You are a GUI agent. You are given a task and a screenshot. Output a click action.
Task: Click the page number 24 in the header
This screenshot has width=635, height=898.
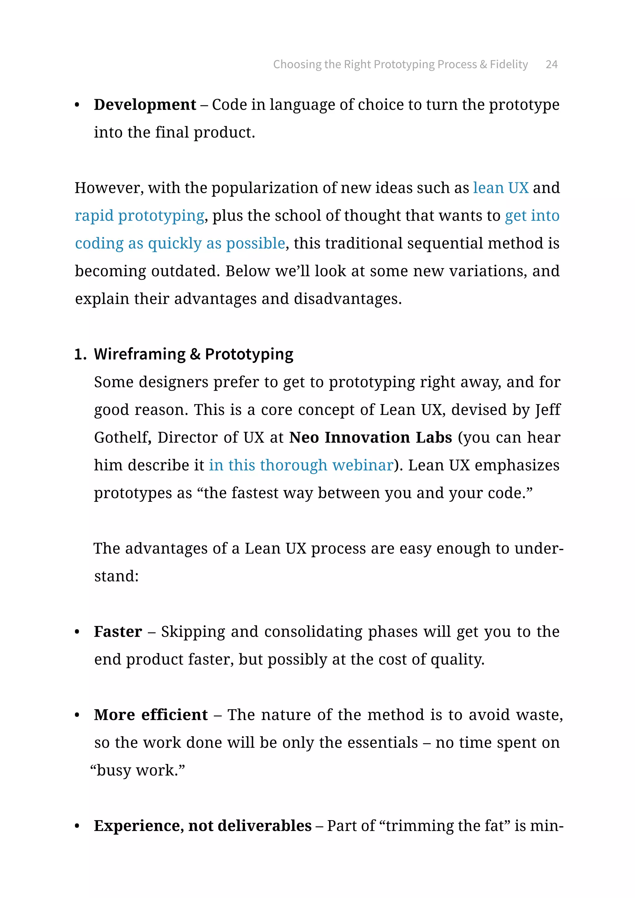(551, 64)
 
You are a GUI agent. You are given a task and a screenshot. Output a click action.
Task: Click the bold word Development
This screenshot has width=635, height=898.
(145, 105)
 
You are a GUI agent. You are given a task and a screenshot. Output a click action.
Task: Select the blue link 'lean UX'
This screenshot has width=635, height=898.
(500, 188)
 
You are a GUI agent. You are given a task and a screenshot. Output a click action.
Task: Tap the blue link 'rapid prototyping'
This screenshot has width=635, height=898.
(140, 216)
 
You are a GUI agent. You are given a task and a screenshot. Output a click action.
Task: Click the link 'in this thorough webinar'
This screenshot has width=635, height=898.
(301, 465)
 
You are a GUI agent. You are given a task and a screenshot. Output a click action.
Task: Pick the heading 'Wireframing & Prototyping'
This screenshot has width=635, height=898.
(193, 354)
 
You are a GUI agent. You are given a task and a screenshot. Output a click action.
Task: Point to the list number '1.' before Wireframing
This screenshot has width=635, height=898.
(80, 354)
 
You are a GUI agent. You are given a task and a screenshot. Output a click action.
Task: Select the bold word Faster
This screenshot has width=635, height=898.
(118, 632)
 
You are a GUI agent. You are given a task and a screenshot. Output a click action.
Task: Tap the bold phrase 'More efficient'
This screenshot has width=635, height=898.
(151, 715)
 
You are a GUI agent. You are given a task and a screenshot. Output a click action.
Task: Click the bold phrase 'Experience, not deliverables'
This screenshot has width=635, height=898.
(202, 826)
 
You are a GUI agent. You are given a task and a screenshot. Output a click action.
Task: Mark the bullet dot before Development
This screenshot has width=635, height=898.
(77, 105)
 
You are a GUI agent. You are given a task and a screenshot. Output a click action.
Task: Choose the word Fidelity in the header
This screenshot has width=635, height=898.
(509, 64)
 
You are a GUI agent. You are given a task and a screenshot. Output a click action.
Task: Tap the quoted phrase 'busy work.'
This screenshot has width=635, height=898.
(137, 771)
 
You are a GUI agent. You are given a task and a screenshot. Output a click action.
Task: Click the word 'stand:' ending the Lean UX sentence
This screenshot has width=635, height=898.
(117, 576)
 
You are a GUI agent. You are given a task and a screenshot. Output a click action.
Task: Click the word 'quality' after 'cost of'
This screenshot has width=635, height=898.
(456, 660)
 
